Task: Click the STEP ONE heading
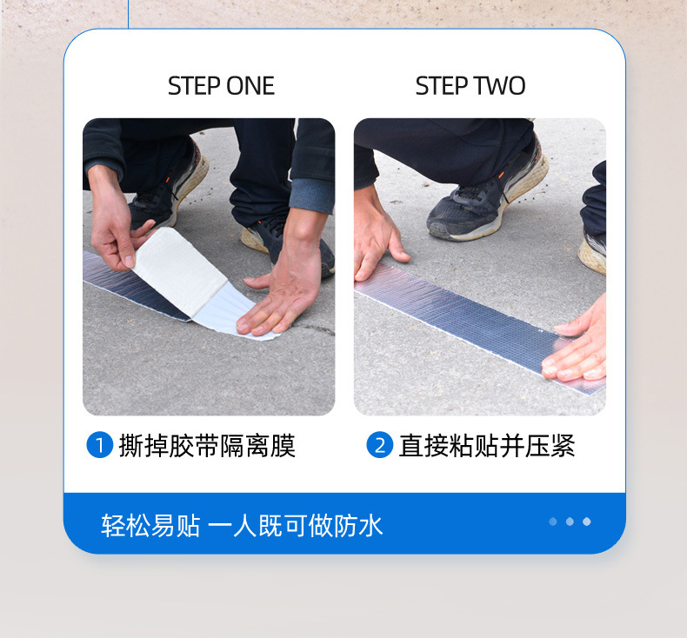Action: tap(221, 86)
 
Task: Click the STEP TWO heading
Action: tap(470, 86)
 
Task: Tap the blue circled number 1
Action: tap(100, 446)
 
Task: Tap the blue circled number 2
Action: tap(379, 446)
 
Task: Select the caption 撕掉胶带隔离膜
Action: tap(207, 446)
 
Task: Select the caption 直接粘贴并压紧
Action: tap(487, 446)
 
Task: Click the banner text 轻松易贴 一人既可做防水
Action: tap(242, 525)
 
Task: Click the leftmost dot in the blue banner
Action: tap(553, 522)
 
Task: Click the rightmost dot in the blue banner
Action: tap(587, 522)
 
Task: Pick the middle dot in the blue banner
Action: tap(570, 522)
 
